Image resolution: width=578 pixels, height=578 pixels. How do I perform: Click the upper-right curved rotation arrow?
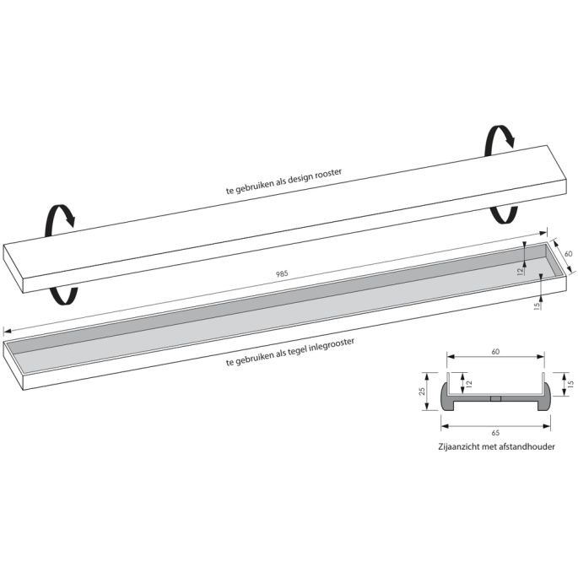point(498,139)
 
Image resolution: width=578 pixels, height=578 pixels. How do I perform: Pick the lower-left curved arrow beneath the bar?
point(62,293)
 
